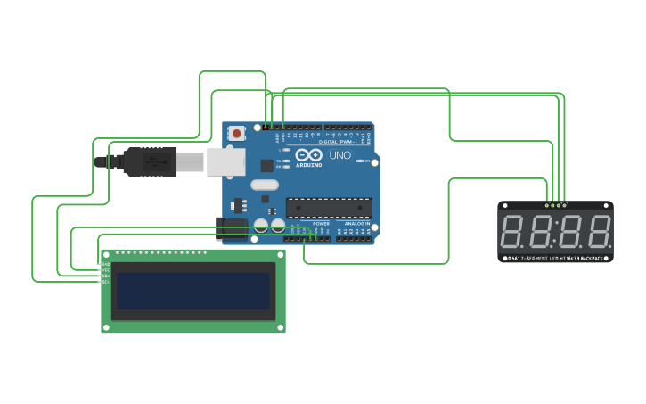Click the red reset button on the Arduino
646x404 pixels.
point(236,133)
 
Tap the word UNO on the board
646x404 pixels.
point(339,155)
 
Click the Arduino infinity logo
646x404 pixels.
point(308,155)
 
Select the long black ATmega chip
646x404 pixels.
point(329,208)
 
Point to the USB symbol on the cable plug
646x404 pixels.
point(155,162)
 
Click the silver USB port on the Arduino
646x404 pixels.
point(225,161)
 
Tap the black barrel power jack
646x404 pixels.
point(232,229)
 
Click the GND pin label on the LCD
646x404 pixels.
point(106,264)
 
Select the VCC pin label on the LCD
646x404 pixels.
point(106,270)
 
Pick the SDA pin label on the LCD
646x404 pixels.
point(106,276)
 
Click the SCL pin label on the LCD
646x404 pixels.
point(106,282)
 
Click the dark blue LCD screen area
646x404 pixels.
point(193,291)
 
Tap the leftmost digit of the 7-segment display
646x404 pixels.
point(512,231)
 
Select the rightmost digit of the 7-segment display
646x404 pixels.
point(599,231)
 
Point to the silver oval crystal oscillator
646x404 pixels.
point(265,185)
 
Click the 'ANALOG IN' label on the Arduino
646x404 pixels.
point(356,224)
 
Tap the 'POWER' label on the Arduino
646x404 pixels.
point(321,224)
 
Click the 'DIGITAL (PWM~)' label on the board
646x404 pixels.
point(338,142)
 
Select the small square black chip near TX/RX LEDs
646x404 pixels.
point(266,165)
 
